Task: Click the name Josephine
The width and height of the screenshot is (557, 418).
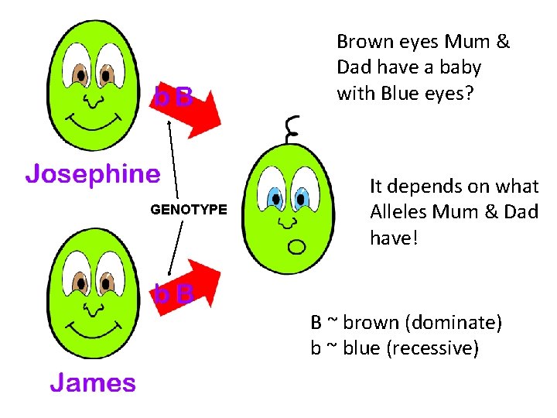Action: click(92, 174)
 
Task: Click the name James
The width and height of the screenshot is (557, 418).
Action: click(93, 382)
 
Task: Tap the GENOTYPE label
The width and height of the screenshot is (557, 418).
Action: click(189, 209)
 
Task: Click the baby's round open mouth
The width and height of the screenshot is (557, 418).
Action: click(296, 247)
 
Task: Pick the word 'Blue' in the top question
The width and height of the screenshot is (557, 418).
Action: click(395, 93)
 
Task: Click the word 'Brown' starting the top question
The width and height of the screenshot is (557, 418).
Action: click(363, 42)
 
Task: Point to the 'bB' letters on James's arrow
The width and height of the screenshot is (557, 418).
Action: click(173, 294)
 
